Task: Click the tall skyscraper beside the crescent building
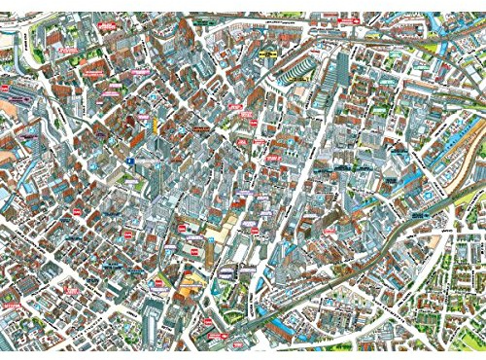pos(342,68)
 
